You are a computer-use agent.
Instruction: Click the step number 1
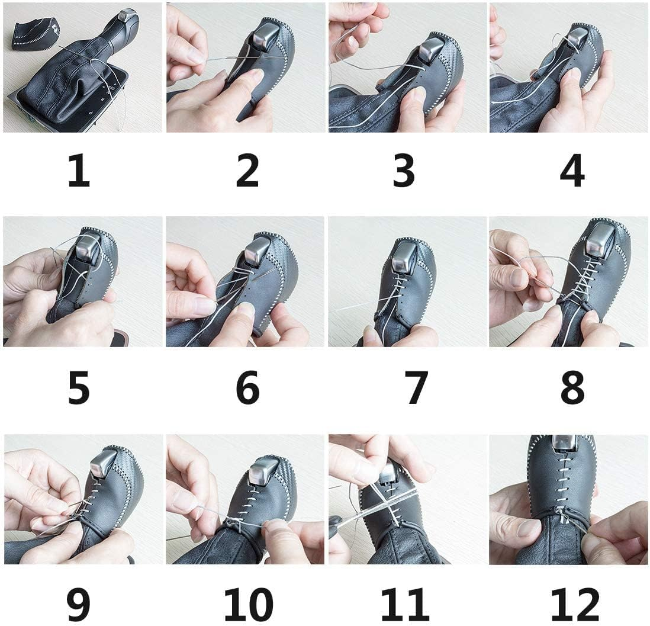pos(79,171)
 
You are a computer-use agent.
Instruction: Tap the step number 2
pos(247,171)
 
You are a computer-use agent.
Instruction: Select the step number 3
pos(404,171)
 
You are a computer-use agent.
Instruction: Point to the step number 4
pos(572,171)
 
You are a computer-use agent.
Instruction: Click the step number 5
pos(79,389)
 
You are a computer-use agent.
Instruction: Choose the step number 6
pos(247,389)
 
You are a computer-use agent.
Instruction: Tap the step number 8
pos(572,389)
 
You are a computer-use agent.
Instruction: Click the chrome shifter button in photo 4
pos(577,37)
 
